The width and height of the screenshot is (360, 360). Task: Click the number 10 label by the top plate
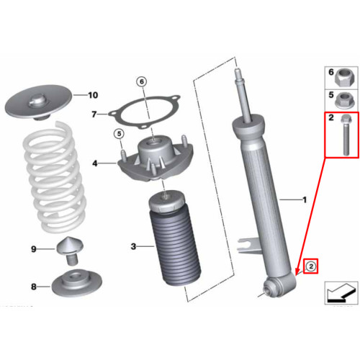(93, 95)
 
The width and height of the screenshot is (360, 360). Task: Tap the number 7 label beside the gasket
(94, 114)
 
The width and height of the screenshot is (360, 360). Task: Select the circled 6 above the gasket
(142, 82)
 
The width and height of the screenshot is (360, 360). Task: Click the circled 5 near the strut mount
(120, 133)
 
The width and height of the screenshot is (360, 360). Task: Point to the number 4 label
(95, 163)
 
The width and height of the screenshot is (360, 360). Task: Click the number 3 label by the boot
(133, 246)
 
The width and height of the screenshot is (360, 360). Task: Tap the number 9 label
(34, 249)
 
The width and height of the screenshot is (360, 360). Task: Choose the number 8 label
(34, 287)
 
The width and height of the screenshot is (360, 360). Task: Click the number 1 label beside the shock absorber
(305, 199)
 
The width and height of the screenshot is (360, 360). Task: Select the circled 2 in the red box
(311, 266)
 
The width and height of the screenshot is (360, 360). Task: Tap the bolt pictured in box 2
(346, 135)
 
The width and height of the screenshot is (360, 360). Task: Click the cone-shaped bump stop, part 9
(71, 251)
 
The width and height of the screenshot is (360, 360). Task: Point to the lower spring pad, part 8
(77, 283)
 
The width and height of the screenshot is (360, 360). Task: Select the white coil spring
(55, 178)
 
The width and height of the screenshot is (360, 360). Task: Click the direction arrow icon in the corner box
(341, 292)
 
